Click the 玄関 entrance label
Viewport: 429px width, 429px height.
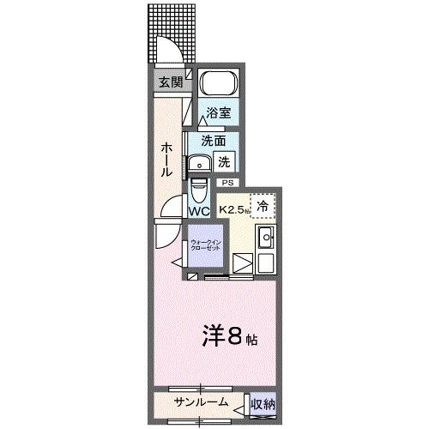170,83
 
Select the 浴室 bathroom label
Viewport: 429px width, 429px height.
218,113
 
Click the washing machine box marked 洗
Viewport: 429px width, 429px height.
223,160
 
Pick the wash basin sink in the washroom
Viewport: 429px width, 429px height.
202,163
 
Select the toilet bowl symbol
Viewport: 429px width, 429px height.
200,187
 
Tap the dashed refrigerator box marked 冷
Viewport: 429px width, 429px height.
263,205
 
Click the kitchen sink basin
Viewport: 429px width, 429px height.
266,238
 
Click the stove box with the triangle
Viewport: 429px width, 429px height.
243,264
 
